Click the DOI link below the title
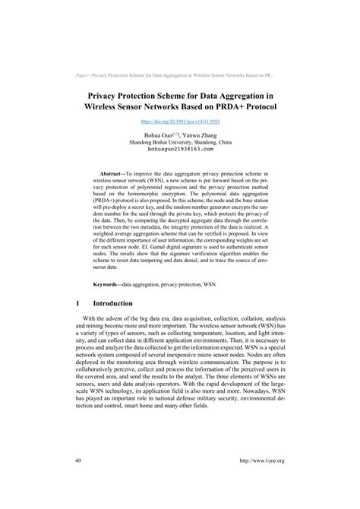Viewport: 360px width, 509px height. pos(179,121)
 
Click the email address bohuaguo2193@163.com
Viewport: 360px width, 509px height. pos(180,150)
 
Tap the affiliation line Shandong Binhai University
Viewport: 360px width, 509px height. pos(180,142)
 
